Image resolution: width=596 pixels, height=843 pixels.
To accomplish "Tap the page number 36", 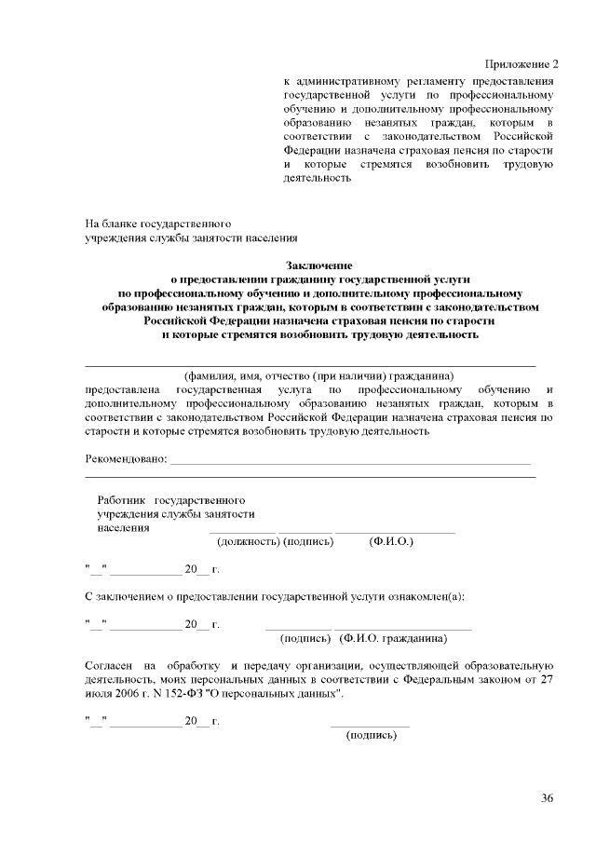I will coord(547,797).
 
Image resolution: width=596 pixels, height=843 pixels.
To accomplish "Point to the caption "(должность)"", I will coord(248,541).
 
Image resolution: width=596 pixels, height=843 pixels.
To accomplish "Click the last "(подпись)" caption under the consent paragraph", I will coord(371,736).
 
